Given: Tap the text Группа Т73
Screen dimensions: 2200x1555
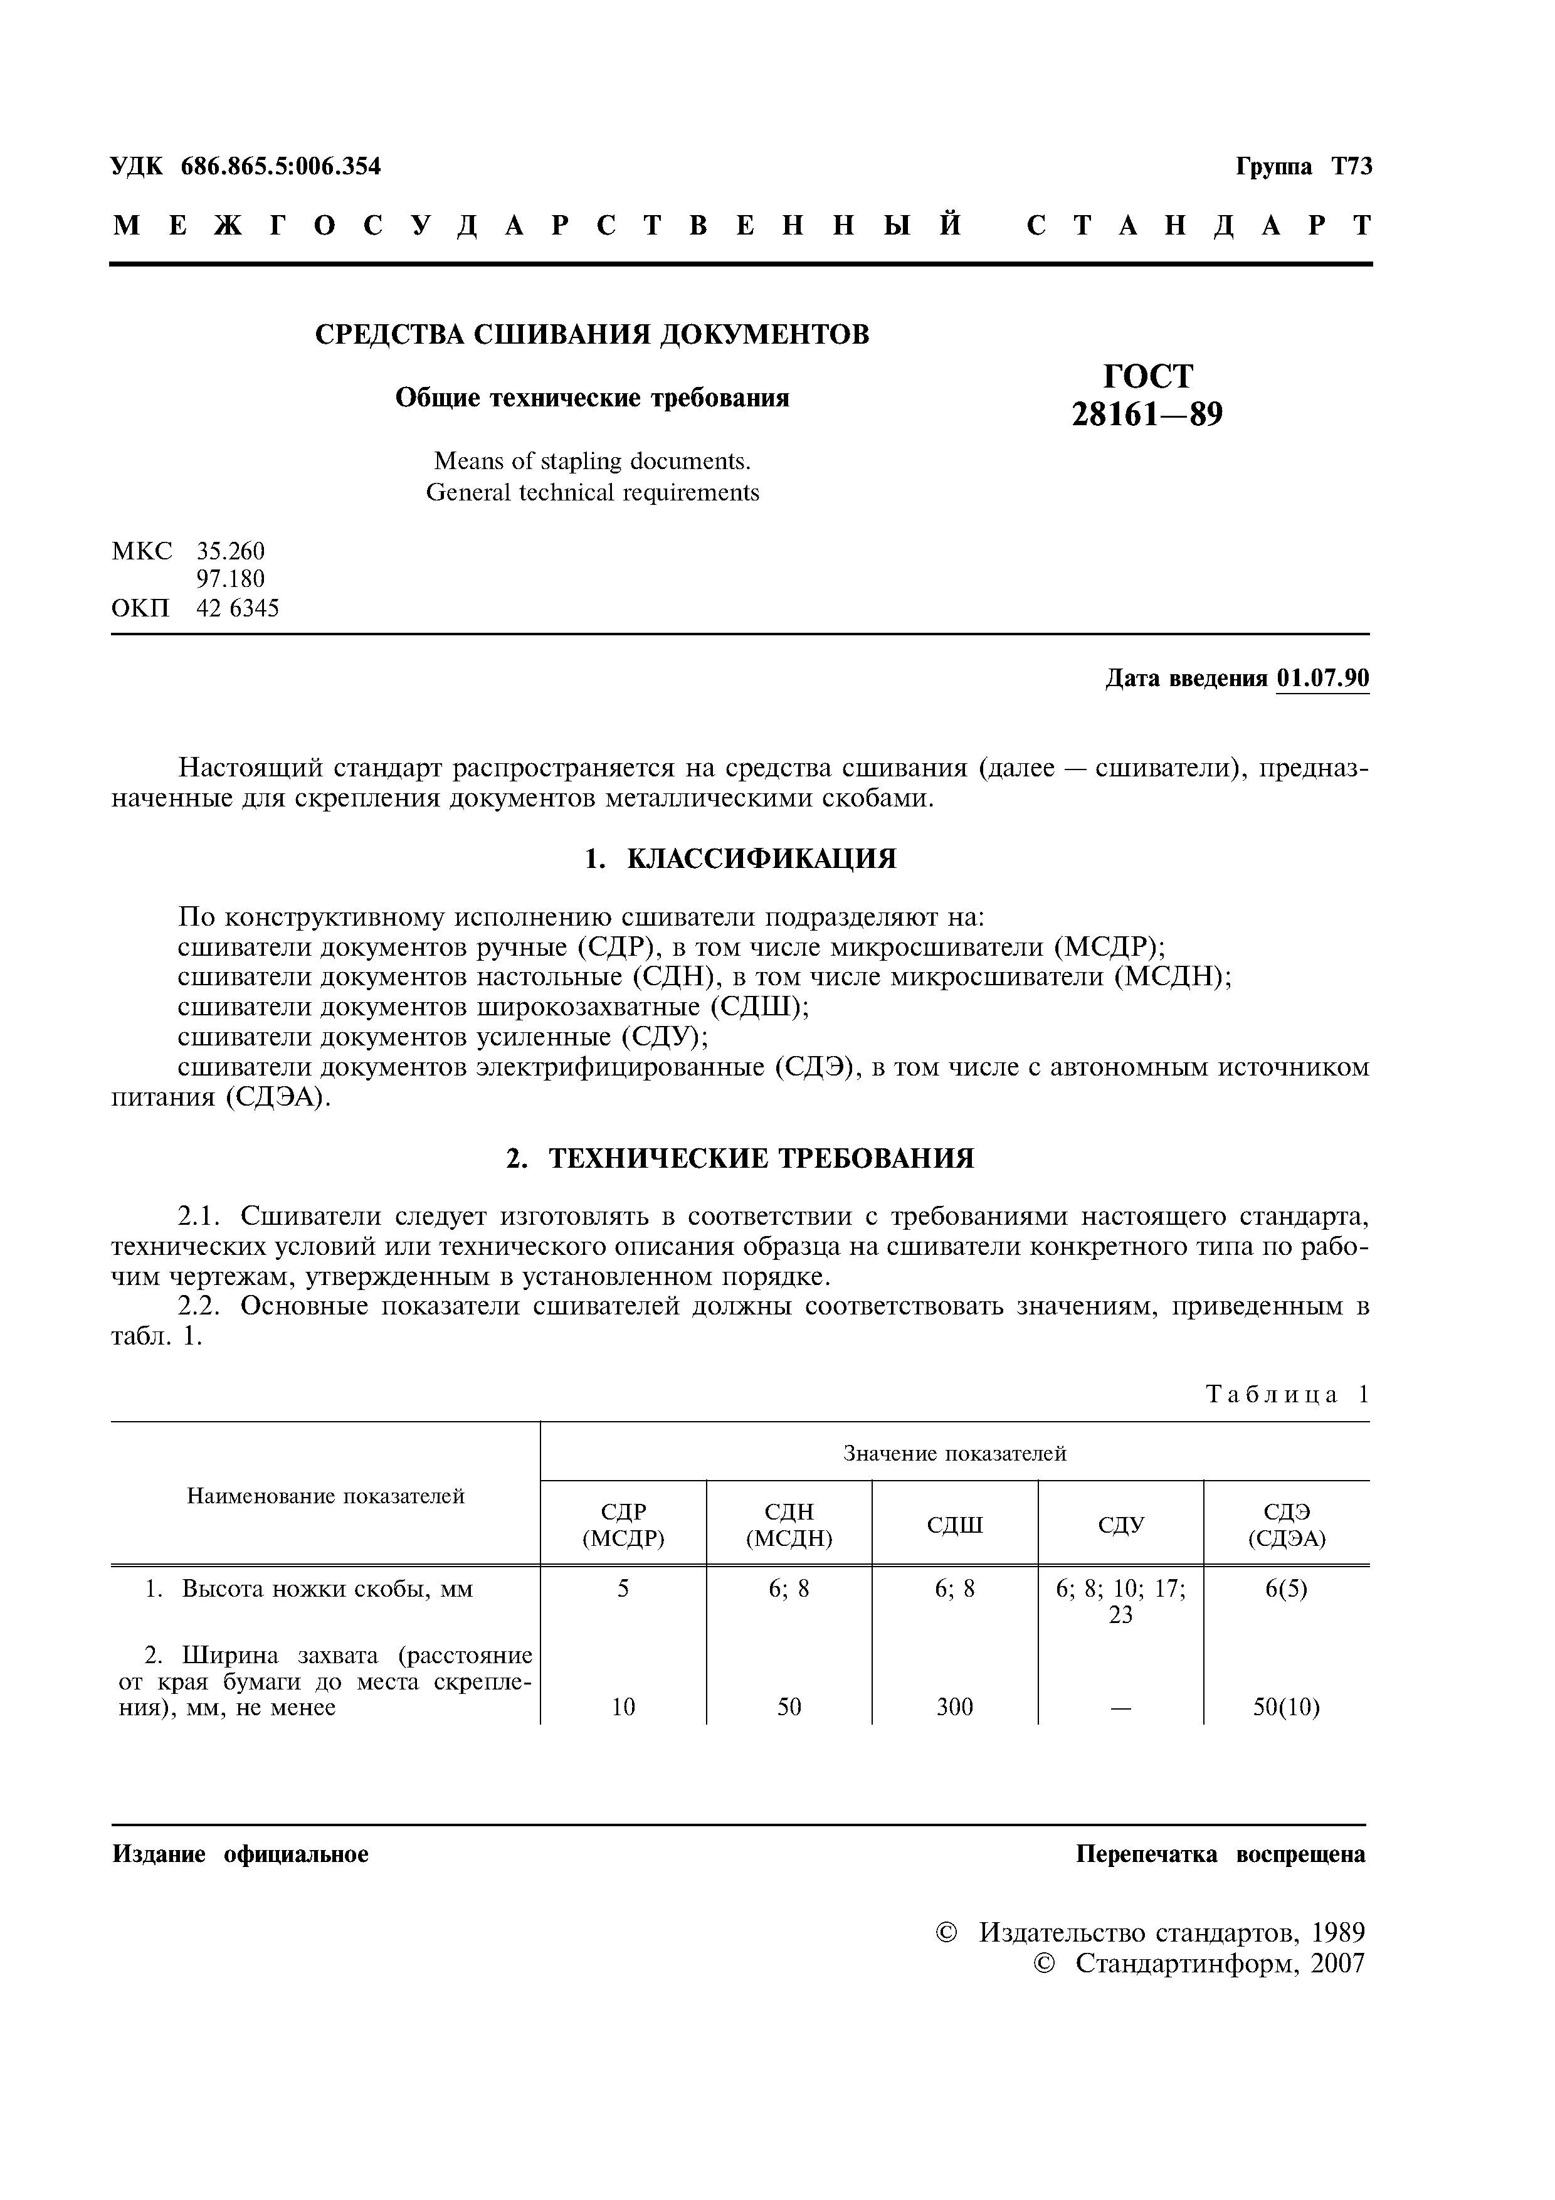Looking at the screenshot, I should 1303,167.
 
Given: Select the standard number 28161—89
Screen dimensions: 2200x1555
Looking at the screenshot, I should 1147,415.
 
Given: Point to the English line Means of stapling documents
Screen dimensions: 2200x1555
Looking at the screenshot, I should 592,461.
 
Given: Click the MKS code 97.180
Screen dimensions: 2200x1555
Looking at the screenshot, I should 230,579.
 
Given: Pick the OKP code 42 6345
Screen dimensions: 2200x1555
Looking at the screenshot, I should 238,608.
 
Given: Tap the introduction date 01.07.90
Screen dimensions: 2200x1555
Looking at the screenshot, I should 1322,679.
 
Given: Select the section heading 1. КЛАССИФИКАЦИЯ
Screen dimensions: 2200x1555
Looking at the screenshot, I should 740,859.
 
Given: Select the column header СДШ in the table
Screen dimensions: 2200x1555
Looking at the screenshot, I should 954,1525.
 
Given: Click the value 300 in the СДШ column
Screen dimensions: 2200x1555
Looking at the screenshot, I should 954,1706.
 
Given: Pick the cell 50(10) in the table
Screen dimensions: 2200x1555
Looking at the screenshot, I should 1286,1706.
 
